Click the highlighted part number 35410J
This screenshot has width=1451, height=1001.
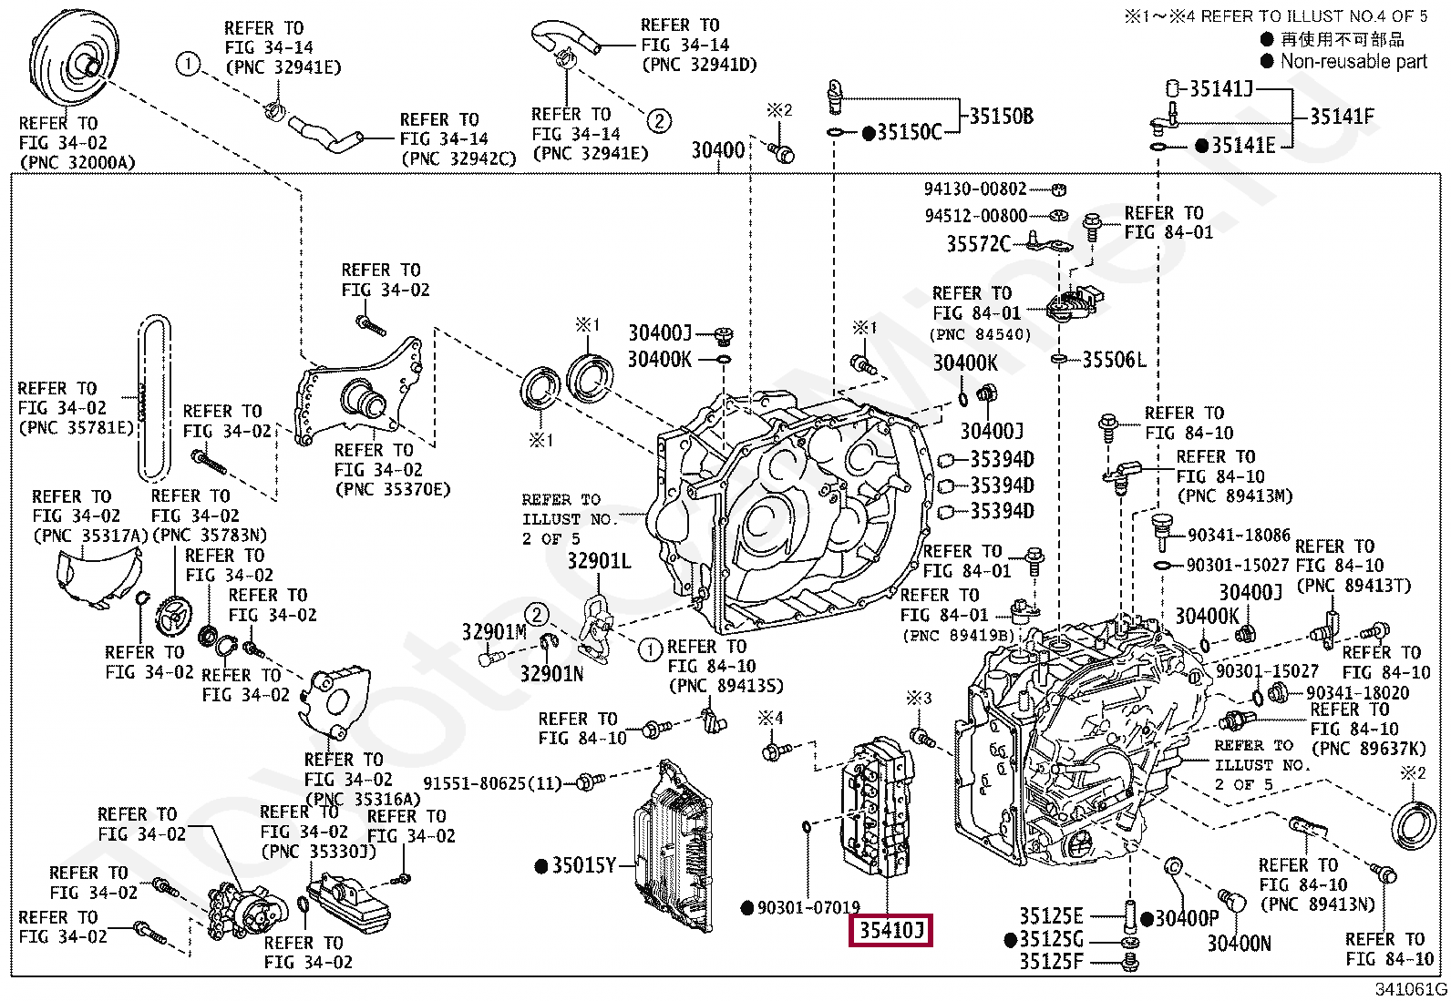tap(890, 932)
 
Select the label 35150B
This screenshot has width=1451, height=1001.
tap(1000, 117)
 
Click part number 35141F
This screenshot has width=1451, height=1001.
tap(1341, 117)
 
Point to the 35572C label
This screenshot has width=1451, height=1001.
tap(978, 244)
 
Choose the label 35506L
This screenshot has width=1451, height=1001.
tap(1113, 360)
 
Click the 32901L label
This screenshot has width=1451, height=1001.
tap(599, 561)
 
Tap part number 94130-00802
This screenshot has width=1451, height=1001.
tap(974, 189)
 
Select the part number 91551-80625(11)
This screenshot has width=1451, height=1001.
tap(492, 782)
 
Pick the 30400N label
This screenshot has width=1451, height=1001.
tap(1239, 944)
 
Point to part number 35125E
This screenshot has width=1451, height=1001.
tap(1050, 916)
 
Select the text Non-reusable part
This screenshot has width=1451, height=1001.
tap(1353, 62)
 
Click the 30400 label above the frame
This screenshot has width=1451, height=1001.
tap(718, 150)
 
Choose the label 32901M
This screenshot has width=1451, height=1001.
tap(494, 632)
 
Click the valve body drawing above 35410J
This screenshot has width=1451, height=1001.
tap(875, 811)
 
